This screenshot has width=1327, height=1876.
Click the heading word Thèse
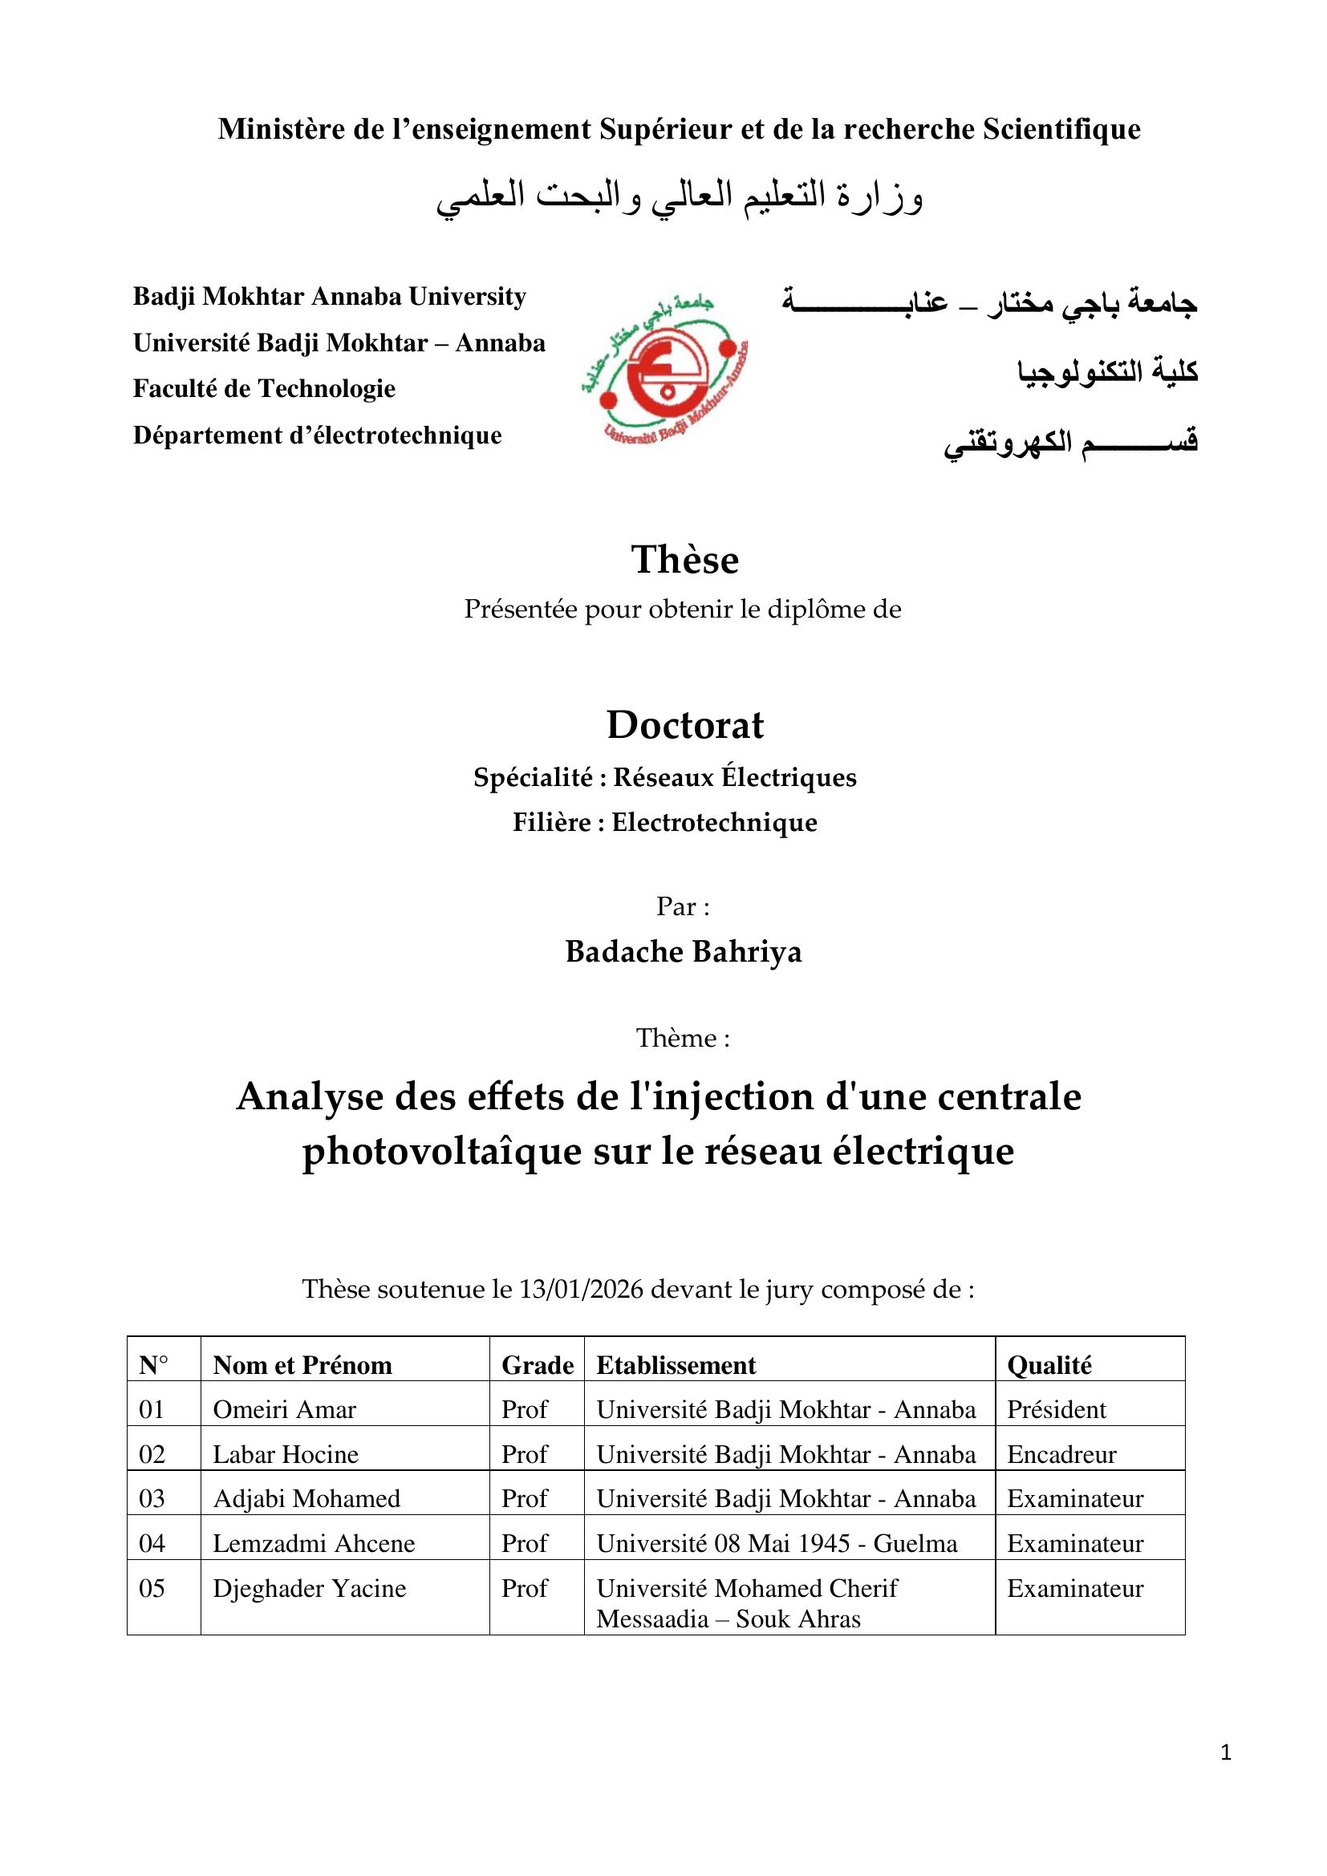(684, 560)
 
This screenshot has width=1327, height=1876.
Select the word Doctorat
(684, 725)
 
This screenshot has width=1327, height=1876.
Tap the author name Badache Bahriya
(683, 952)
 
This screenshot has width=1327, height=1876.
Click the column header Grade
(537, 1365)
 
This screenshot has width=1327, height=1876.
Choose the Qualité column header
(1049, 1365)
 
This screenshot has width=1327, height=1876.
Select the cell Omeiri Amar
(284, 1409)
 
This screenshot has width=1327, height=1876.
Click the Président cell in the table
(1056, 1409)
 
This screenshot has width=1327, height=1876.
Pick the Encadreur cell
(1061, 1454)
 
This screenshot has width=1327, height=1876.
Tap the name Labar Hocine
(285, 1454)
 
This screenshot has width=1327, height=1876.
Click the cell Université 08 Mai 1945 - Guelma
(777, 1543)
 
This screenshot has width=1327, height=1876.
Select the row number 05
(152, 1588)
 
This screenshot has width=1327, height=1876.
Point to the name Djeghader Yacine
(309, 1588)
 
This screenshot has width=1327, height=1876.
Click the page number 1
(1225, 1775)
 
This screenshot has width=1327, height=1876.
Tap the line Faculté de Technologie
(264, 388)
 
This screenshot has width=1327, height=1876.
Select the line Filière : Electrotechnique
(664, 822)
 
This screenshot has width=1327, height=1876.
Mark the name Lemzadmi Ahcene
(314, 1543)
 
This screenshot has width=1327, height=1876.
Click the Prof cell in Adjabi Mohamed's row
(524, 1498)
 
